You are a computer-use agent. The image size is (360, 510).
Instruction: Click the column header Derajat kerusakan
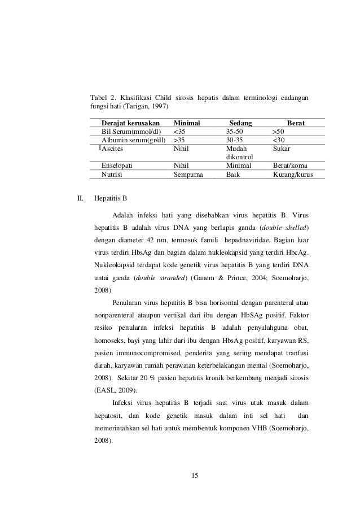click(x=130, y=123)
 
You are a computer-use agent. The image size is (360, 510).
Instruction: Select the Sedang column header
click(x=241, y=123)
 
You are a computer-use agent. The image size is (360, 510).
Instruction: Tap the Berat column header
click(x=296, y=123)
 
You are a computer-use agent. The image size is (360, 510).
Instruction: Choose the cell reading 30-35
click(x=234, y=140)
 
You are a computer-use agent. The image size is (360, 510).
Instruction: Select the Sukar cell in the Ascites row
click(x=281, y=149)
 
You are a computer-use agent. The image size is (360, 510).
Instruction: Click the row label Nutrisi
click(x=112, y=175)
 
